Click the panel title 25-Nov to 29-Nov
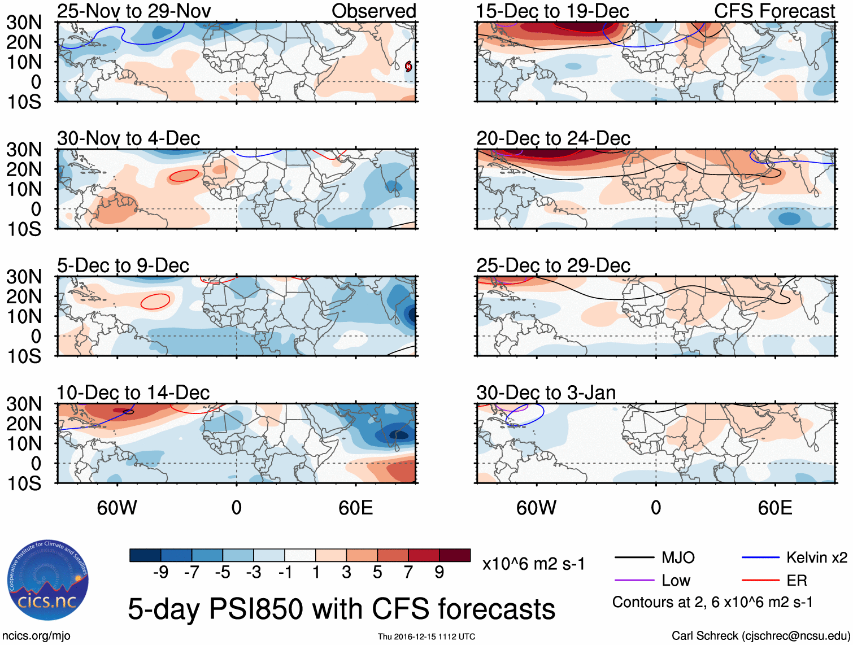(134, 11)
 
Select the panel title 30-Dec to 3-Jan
(546, 393)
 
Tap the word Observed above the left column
(373, 11)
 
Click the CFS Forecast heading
(774, 11)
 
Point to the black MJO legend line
(634, 558)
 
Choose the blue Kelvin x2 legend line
(760, 558)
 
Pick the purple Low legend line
(634, 581)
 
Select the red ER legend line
(760, 581)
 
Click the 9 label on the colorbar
(439, 573)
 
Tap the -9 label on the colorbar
(160, 573)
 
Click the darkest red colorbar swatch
(455, 555)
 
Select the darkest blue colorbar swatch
(145, 555)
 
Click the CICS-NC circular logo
(48, 580)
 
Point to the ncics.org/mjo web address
(36, 636)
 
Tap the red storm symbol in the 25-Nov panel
(408, 67)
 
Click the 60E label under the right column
(774, 508)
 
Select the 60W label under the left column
(117, 508)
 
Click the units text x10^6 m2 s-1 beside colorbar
(533, 564)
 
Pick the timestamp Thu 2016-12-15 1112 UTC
(426, 637)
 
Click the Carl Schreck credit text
(760, 636)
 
